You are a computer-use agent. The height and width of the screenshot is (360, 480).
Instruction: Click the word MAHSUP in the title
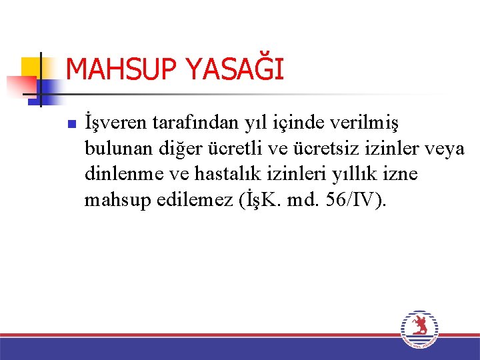click(115, 69)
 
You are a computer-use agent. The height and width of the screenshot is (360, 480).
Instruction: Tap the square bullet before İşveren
click(71, 124)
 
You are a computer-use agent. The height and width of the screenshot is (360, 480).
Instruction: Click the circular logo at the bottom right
click(419, 330)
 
